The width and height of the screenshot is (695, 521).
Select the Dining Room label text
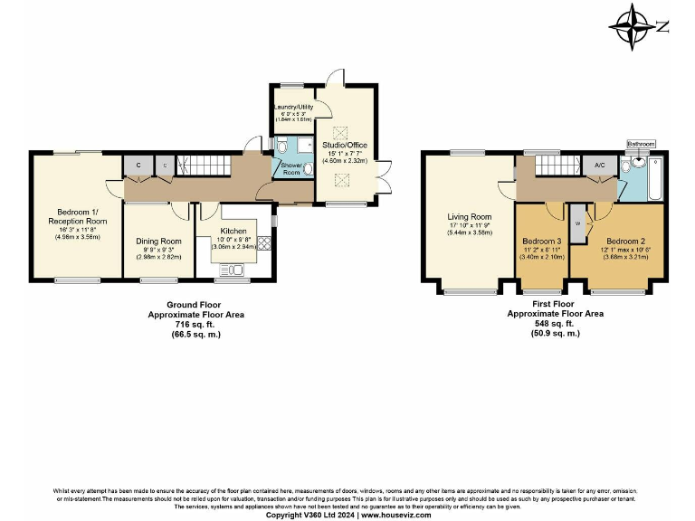159,241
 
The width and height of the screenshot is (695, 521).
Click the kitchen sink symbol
230,269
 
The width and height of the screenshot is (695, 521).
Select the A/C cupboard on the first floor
599,166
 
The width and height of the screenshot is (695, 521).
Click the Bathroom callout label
641,143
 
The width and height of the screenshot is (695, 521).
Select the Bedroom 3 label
542,242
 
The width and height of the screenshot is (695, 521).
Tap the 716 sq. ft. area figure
195,325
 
